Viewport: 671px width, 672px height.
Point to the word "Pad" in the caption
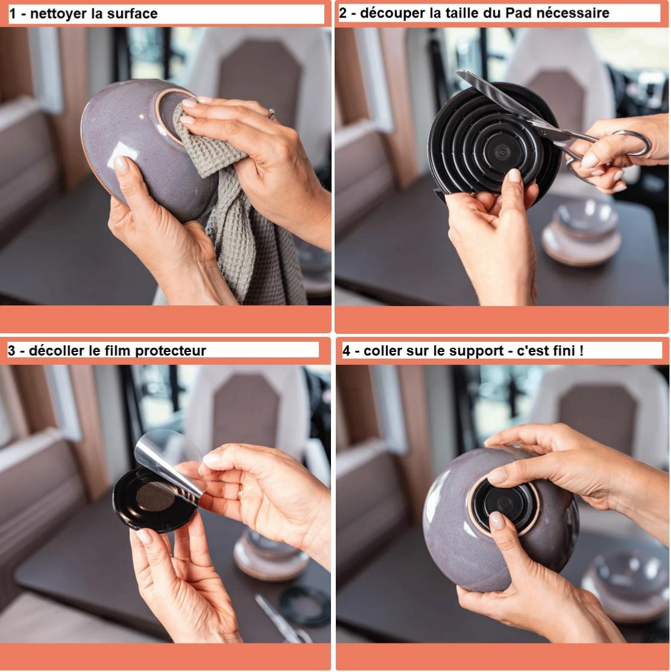[x=518, y=13]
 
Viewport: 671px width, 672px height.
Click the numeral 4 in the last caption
[x=347, y=351]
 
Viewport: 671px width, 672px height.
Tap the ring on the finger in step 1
[x=271, y=113]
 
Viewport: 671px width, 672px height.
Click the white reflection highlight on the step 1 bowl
[x=123, y=154]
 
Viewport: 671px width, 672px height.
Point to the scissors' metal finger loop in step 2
[x=631, y=143]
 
